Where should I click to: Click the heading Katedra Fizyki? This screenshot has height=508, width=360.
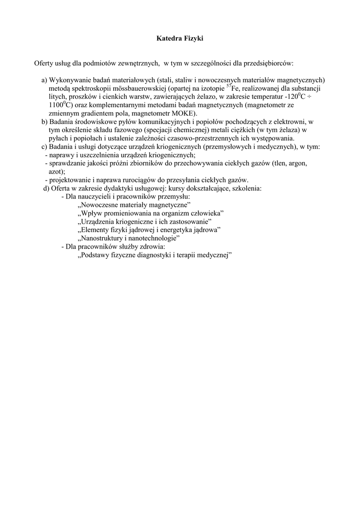point(180,38)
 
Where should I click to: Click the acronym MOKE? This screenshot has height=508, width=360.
point(184,113)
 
